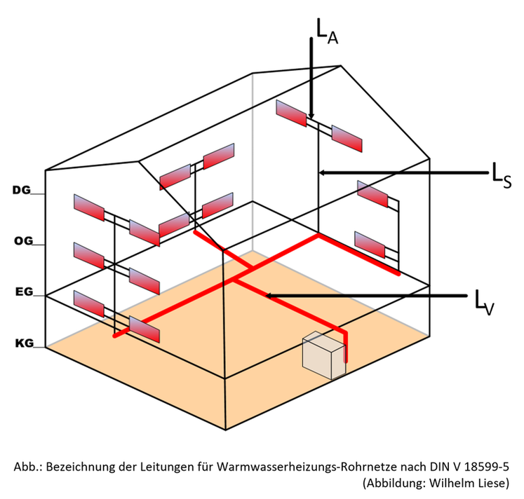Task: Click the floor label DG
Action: [21, 190]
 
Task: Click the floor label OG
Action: [23, 241]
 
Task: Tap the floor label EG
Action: [24, 292]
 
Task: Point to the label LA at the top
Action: [327, 32]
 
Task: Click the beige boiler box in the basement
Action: [323, 355]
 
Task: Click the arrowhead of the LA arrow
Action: [311, 116]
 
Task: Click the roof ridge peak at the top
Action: [341, 66]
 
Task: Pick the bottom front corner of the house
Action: [225, 429]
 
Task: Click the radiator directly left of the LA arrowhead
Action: [290, 113]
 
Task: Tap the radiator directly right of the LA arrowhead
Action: [347, 138]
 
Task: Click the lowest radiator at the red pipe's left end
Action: [145, 329]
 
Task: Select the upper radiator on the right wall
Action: [372, 193]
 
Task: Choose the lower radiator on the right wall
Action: [370, 244]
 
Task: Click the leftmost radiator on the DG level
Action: [89, 207]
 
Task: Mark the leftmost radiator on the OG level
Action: [89, 255]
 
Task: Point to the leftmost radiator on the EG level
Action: [89, 303]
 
